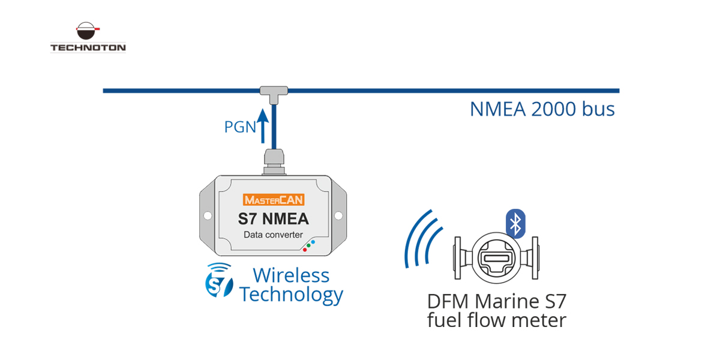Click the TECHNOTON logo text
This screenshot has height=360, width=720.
coord(88,47)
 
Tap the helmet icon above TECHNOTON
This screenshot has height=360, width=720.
coord(88,31)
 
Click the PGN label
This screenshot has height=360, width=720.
coord(240,127)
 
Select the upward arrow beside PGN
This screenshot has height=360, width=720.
coord(263,125)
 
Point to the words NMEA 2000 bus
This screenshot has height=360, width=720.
coord(542,109)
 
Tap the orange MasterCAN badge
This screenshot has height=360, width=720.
coord(274,200)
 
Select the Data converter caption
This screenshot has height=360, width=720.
coord(274,235)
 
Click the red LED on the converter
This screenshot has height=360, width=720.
coord(305,249)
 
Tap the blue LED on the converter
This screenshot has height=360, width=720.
coord(313,241)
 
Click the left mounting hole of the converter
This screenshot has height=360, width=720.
coord(208,215)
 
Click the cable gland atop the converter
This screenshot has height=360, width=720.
coord(274,163)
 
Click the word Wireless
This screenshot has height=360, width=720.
coord(291,275)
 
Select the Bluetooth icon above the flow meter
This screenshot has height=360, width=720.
coord(515,223)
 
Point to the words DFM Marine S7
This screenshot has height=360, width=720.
coord(496,301)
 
